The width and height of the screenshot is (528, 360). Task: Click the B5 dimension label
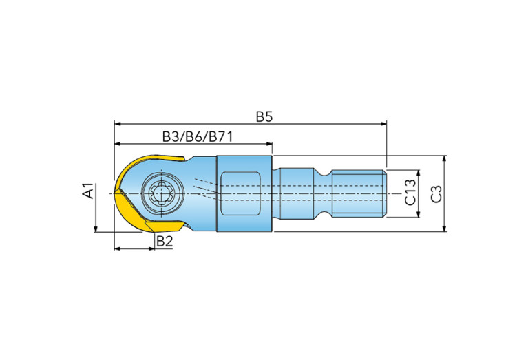264,116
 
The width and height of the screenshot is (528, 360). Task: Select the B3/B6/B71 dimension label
198,137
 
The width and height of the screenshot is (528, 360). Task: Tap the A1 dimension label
88,191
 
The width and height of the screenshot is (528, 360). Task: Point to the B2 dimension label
165,241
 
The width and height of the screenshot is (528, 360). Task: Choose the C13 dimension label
410,193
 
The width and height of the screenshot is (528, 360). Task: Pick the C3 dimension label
436,194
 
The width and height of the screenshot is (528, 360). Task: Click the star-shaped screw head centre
162,193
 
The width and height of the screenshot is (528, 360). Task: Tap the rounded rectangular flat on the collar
240,193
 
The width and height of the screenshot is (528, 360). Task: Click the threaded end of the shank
359,193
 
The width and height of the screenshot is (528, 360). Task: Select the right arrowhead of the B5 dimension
383,124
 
